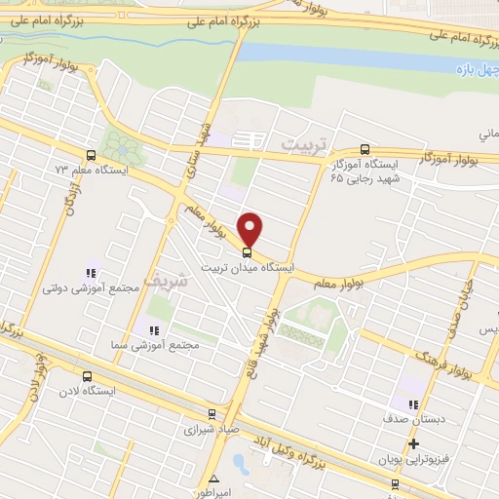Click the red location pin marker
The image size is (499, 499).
coord(251,228)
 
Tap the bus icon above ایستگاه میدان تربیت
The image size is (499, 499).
coord(251,251)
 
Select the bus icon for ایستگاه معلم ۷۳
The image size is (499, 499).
coord(91,155)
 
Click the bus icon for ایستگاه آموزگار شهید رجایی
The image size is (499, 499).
coord(365,149)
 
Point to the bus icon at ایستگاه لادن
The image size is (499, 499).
coord(88,376)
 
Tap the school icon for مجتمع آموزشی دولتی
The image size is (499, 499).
coord(89,274)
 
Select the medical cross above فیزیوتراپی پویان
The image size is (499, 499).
coord(413,443)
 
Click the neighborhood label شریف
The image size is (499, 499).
coord(162,280)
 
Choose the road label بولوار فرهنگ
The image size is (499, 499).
coord(451,361)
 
